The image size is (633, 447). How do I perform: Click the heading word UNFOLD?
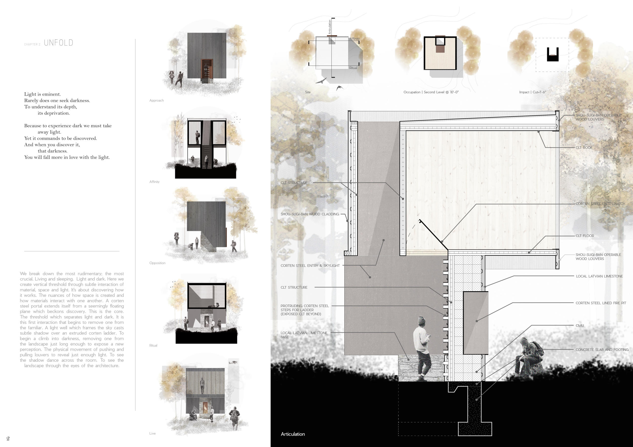coord(58,43)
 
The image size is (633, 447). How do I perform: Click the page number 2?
coord(8,438)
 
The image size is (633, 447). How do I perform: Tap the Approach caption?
coord(156,100)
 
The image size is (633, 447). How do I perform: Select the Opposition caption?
coord(157,263)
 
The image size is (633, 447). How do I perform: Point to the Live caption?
coord(152,433)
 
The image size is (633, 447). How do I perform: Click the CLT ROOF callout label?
coord(584,148)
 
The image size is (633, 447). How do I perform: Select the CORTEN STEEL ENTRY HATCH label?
coord(600,204)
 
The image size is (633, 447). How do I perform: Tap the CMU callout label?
coord(580,326)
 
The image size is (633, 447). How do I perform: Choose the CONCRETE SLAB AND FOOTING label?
coord(602,350)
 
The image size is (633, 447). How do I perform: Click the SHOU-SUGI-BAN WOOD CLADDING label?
coord(310,214)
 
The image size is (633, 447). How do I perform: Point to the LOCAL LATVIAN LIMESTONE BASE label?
coord(304,335)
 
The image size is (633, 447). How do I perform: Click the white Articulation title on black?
coord(293,434)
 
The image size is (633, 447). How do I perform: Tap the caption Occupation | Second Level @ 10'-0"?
coord(431,92)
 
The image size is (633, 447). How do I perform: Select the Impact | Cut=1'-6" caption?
coord(532,92)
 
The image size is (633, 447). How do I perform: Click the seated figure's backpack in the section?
coord(537,349)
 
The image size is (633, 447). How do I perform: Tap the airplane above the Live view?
coord(233,362)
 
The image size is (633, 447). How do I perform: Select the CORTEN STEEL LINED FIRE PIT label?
coord(601,303)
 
